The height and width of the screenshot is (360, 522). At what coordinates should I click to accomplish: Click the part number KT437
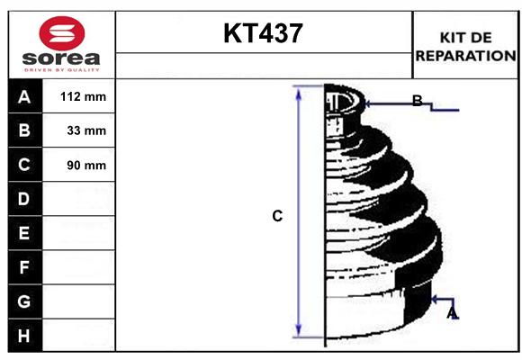[263, 33]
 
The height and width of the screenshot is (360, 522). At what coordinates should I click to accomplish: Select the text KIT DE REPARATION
[465, 47]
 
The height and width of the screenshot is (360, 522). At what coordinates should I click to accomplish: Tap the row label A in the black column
[24, 97]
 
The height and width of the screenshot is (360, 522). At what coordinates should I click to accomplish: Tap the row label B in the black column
[24, 130]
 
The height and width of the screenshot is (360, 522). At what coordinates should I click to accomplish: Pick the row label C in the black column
[24, 165]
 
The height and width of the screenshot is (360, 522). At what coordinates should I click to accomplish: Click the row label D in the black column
[24, 199]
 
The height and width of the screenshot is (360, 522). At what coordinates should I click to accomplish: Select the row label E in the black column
[24, 233]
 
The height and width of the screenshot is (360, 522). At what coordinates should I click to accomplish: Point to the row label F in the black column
[24, 267]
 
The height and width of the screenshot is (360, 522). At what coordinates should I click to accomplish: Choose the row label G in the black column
[24, 301]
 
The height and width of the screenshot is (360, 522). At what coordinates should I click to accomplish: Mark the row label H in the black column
[24, 336]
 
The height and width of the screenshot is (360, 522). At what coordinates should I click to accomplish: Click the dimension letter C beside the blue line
[277, 216]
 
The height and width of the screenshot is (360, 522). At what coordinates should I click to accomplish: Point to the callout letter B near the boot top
[417, 101]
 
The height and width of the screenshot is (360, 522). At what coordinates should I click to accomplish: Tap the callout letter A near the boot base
[452, 312]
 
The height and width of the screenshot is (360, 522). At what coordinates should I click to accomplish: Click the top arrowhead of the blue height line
[299, 92]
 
